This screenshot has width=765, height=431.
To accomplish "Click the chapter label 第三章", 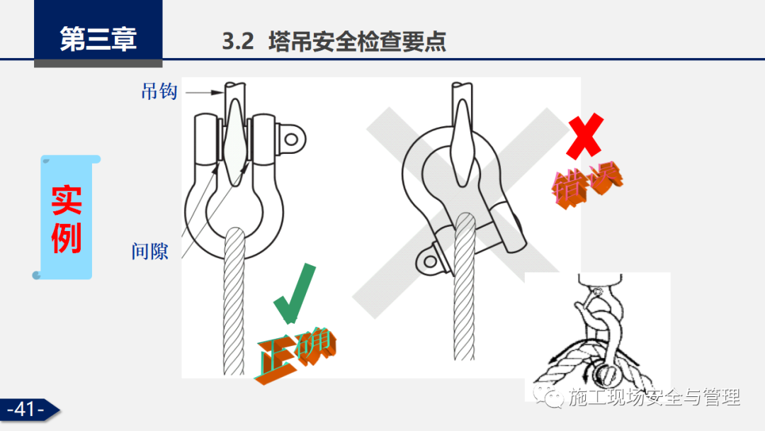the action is [98, 39].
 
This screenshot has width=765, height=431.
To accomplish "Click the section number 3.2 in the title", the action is [238, 41].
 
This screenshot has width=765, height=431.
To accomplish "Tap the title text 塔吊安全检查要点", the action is [357, 41].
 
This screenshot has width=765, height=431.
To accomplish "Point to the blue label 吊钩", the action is [159, 91].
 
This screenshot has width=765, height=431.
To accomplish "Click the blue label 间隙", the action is [149, 252].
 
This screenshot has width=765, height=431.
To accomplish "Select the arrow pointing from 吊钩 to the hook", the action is [205, 92].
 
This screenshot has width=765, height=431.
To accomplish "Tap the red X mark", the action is [585, 135].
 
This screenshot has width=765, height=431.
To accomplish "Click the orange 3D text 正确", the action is [294, 354].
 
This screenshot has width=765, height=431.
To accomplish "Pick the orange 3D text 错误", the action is [587, 186].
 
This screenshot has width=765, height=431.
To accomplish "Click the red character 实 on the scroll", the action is [67, 200].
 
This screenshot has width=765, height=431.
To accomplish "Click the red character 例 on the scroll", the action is [67, 237].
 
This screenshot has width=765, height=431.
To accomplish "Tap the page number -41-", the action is [25, 410].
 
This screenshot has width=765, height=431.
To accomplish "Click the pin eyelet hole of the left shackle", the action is [291, 140].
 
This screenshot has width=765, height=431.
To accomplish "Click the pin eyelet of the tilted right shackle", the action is [431, 261].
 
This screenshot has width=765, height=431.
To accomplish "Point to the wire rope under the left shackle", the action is [234, 302].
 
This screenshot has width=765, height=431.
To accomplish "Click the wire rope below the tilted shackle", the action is [464, 287].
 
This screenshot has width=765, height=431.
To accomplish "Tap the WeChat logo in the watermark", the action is [548, 397].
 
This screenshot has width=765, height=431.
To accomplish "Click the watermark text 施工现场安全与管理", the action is [654, 397].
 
